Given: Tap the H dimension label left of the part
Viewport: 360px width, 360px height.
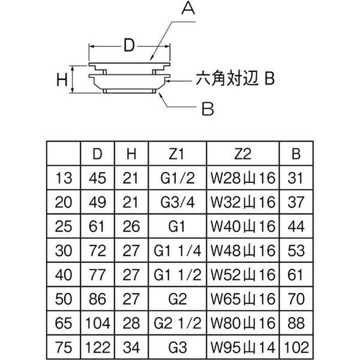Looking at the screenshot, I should [x=61, y=79].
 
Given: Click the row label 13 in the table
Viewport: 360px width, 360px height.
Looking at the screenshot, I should [x=63, y=178].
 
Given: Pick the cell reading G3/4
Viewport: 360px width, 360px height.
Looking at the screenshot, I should [x=176, y=202].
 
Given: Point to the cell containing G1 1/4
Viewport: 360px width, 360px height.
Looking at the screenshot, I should [x=176, y=249].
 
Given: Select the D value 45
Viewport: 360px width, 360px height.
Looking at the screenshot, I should [x=97, y=178].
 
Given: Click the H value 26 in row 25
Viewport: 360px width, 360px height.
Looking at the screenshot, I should [x=131, y=226].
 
